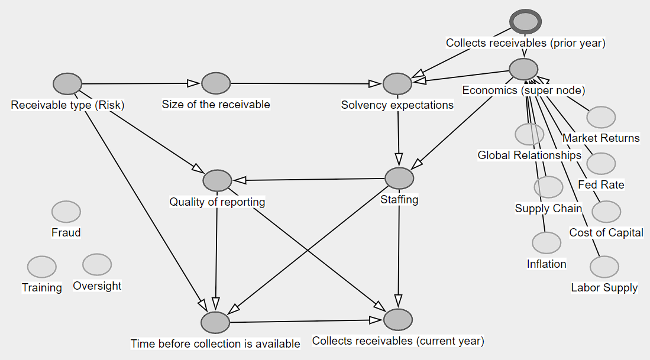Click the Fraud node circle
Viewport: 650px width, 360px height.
pos(66,212)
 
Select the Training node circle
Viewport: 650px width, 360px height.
pos(42,267)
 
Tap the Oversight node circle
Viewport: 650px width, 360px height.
pos(97,264)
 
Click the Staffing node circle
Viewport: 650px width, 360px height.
pos(399,178)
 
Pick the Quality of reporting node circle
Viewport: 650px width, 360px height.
pos(217,180)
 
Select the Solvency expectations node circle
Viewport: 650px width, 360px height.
pos(397,84)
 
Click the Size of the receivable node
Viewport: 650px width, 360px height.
pos(216,83)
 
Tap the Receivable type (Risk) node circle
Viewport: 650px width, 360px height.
pos(67,85)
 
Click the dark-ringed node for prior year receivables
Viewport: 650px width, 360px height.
pos(526,22)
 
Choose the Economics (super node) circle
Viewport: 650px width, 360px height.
pos(523,69)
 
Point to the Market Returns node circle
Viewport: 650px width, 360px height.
pos(601,117)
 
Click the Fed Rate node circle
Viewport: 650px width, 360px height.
pos(601,164)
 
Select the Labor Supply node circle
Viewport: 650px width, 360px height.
pos(604,267)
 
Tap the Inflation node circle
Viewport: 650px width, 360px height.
pos(546,242)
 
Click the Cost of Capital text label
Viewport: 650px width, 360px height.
pos(606,232)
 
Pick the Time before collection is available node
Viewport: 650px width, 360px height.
pos(215,322)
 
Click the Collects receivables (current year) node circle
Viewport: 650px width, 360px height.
pos(398,319)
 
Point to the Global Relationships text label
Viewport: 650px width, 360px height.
pos(529,155)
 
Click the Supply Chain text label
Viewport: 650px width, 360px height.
pos(548,208)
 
